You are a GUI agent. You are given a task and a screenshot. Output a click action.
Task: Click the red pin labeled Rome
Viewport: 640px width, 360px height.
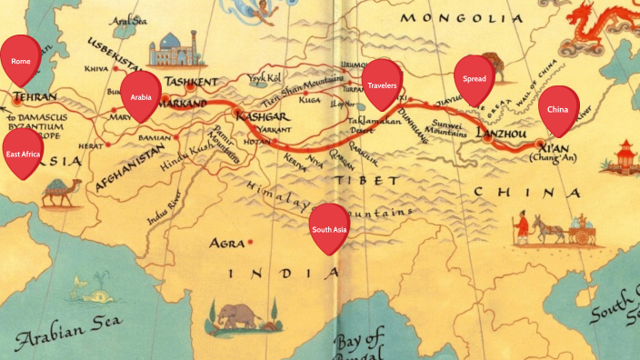point(21,60)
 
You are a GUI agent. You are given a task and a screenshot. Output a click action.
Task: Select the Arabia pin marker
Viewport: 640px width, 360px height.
point(140,96)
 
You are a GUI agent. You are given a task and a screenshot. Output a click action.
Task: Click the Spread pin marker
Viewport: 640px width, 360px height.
point(474,79)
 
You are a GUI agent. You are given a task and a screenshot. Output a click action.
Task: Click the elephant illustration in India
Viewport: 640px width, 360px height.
point(238,314)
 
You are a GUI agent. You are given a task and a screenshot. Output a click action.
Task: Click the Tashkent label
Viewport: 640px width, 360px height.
point(191,82)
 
